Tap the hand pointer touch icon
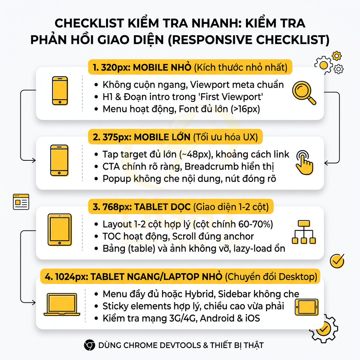[x=305, y=162]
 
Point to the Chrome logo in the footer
[x=89, y=345]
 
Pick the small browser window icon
[x=21, y=202]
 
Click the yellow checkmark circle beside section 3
[x=337, y=260]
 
